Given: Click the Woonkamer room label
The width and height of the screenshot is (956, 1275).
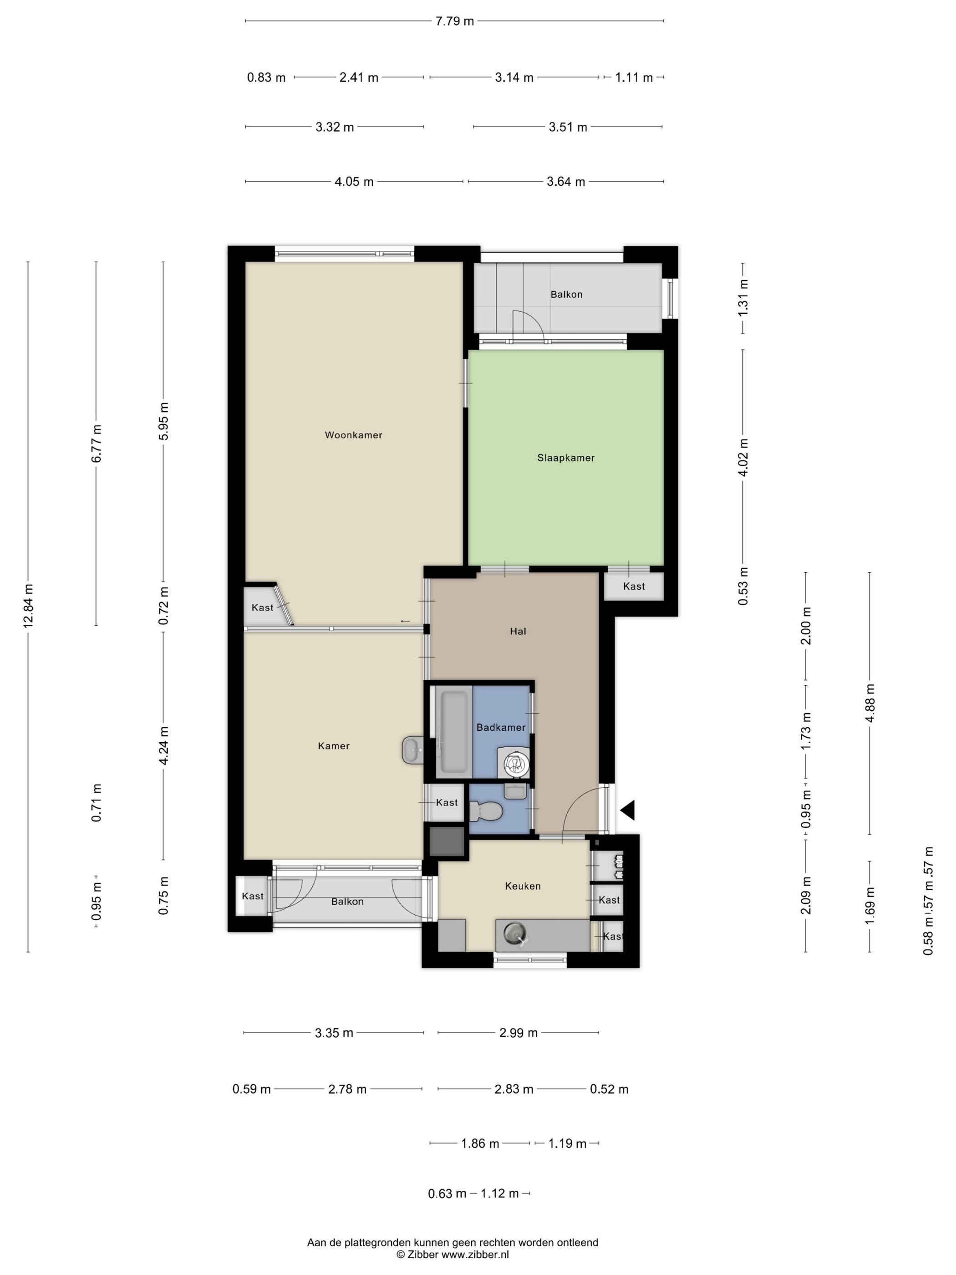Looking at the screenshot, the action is tap(353, 435).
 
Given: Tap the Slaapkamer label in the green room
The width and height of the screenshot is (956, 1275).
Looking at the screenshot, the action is tap(565, 458).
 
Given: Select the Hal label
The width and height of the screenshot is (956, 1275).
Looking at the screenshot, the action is tap(518, 631).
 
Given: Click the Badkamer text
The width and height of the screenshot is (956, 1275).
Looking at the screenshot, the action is tap(501, 727).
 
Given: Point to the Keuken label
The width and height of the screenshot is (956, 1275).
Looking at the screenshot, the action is tap(523, 886).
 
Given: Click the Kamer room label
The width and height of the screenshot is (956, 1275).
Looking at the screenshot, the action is tap(334, 746).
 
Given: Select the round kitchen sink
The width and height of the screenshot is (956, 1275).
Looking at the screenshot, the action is tap(514, 933).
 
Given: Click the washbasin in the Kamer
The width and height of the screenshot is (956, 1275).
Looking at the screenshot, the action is tap(412, 750).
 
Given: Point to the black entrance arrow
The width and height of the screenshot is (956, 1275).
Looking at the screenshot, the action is tap(627, 810).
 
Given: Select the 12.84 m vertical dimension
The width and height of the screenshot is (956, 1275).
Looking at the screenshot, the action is tap(28, 605).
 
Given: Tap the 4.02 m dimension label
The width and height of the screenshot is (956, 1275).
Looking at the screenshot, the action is tap(743, 457).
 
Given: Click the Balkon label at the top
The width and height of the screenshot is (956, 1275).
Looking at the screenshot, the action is tap(566, 295).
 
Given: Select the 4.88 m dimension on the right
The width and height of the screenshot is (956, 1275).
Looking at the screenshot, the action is tap(870, 703).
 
